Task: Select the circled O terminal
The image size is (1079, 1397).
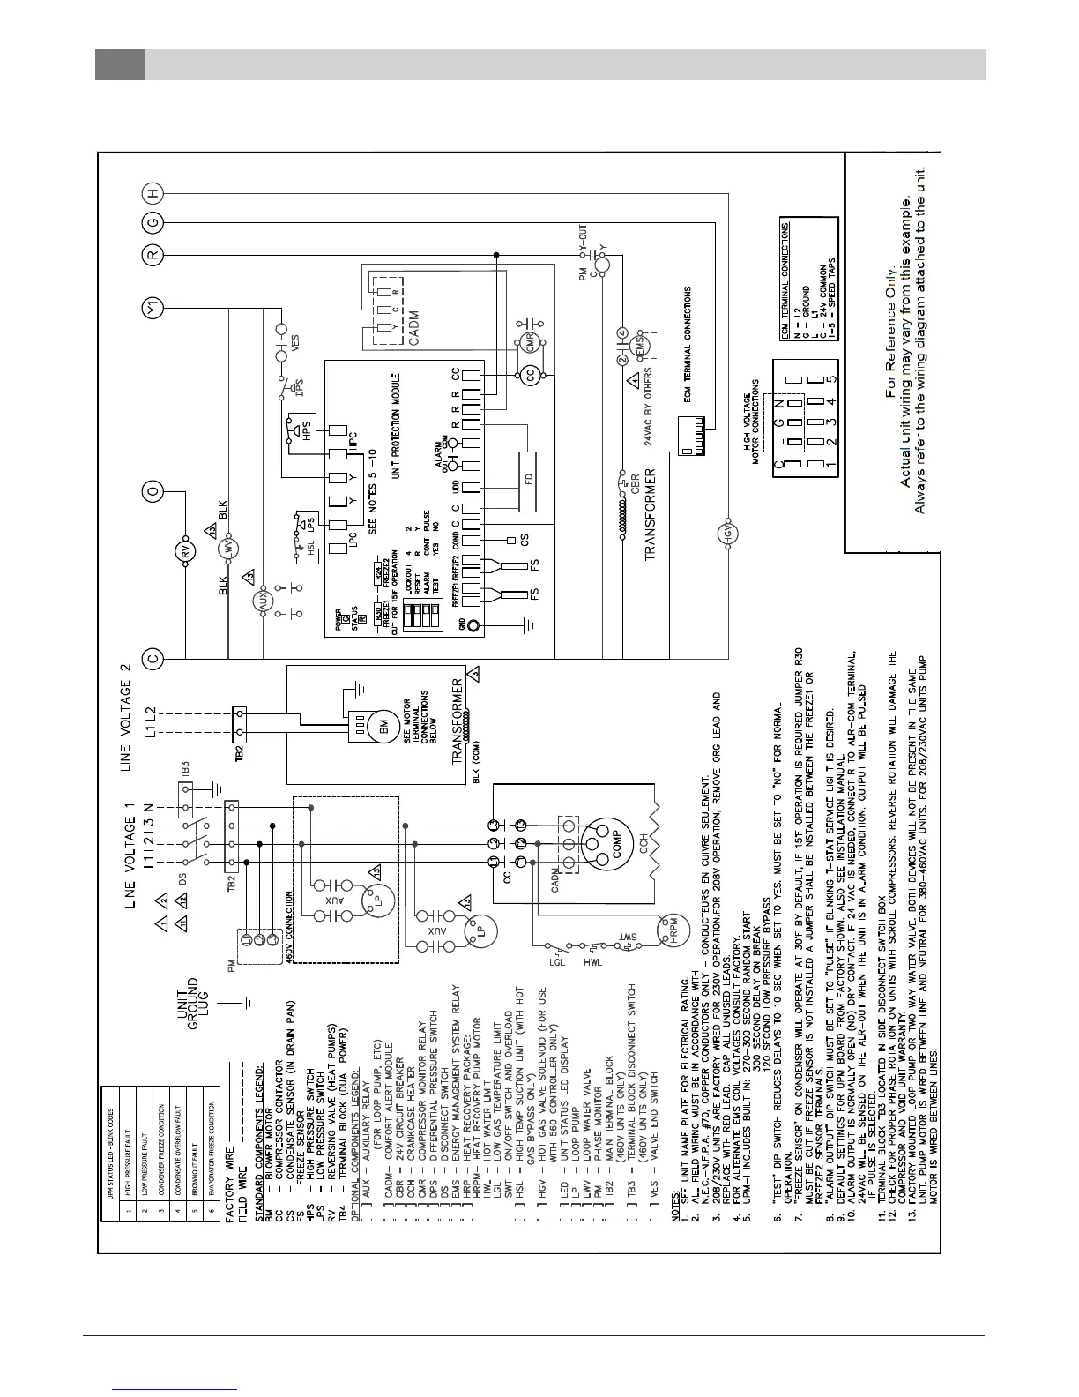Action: click(x=153, y=492)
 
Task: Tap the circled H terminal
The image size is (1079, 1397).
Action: click(x=153, y=193)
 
